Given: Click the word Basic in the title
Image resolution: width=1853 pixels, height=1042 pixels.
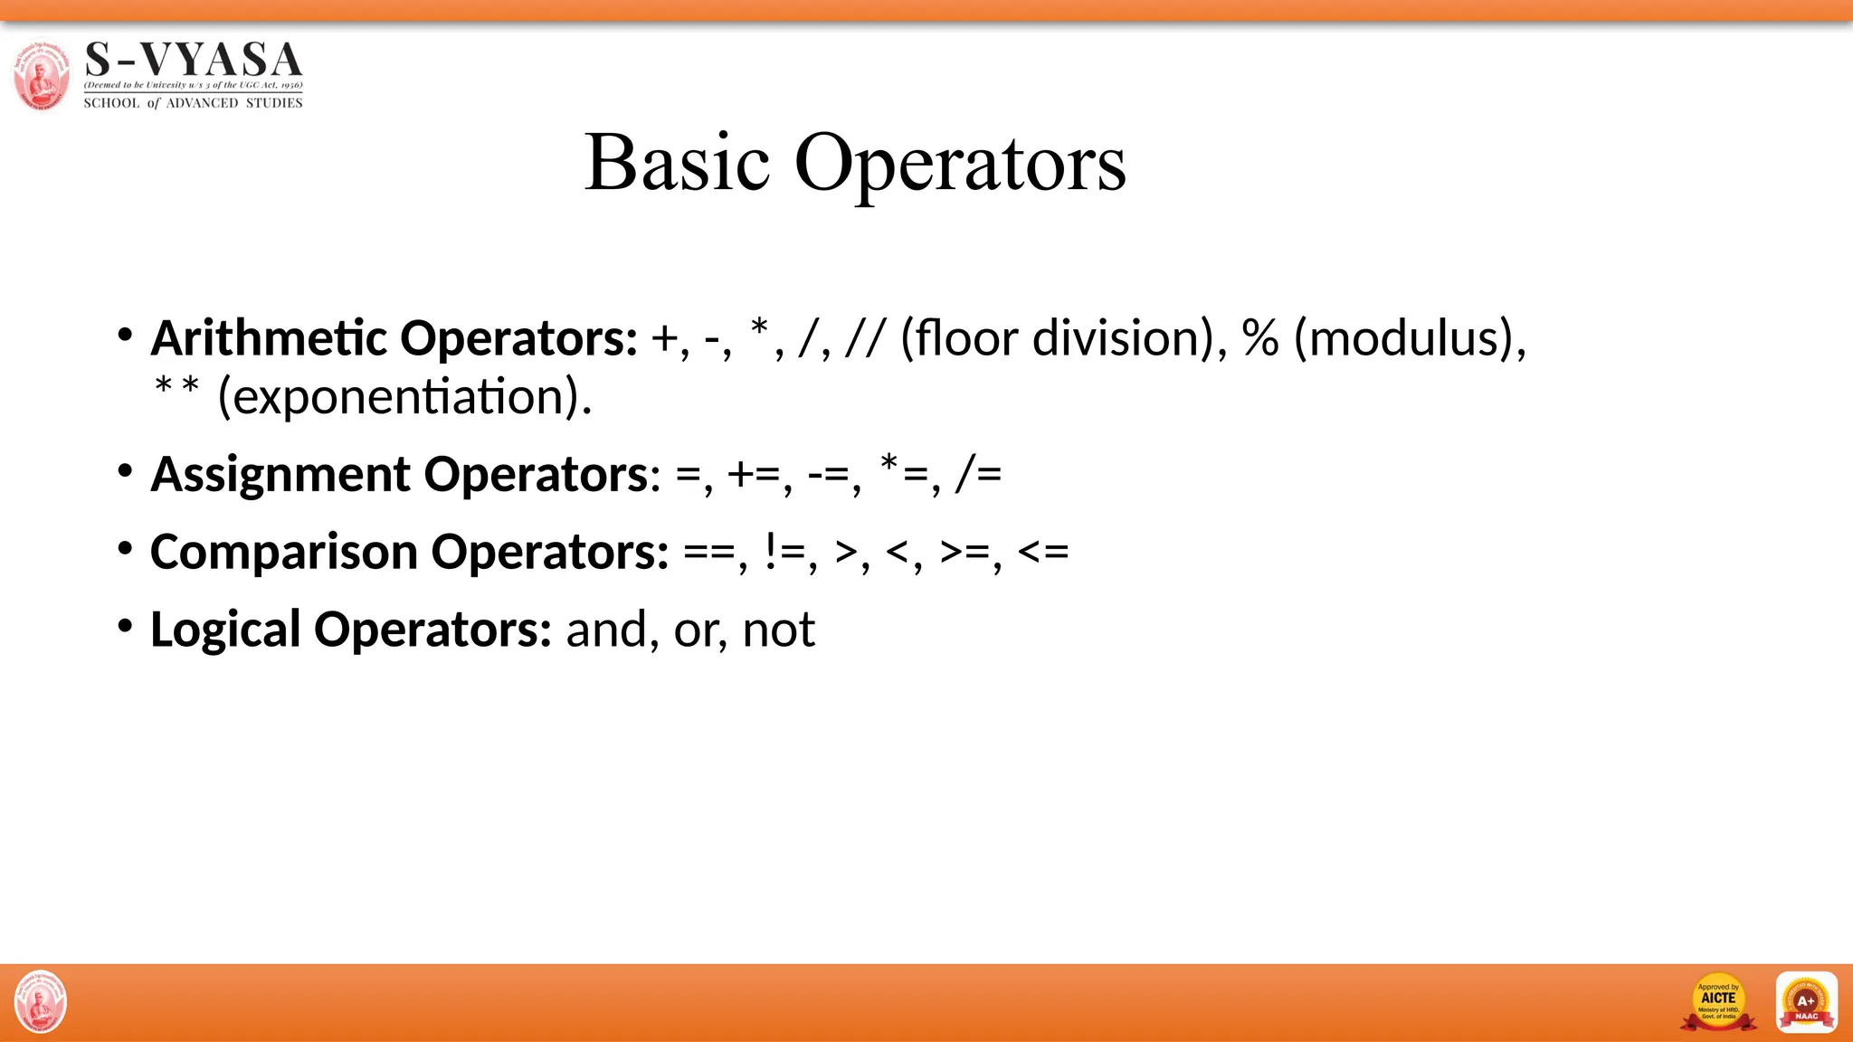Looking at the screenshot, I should (x=677, y=163).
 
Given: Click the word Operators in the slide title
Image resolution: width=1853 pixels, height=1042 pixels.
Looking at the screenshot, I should (x=960, y=165).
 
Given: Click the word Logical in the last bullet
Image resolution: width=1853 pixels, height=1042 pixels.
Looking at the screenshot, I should (x=225, y=630).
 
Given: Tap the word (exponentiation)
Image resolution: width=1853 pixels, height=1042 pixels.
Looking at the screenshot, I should (x=404, y=397).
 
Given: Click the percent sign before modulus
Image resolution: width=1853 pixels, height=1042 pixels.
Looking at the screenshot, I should (x=1260, y=338).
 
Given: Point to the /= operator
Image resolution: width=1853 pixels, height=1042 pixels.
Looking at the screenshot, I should (x=978, y=474).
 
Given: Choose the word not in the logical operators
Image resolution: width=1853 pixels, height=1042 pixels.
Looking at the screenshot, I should (x=778, y=630).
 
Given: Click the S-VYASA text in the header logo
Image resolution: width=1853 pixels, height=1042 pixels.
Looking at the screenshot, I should (x=193, y=61).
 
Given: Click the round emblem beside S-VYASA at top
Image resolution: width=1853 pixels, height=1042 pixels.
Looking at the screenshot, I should (x=41, y=75).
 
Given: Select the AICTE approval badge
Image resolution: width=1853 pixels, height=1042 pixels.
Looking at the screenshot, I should (x=1718, y=1002).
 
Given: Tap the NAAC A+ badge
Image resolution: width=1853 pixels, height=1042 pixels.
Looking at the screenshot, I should (x=1806, y=1002).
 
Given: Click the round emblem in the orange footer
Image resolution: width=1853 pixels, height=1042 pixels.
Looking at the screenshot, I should (x=41, y=1002).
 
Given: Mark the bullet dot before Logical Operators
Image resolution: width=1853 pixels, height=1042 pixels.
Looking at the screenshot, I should (x=125, y=625).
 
